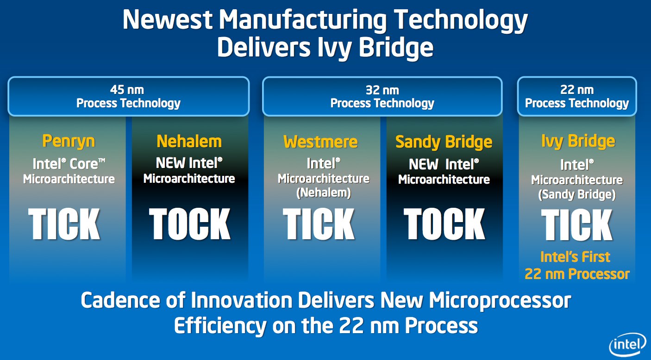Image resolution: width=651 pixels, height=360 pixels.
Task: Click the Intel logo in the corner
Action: pos(627,345)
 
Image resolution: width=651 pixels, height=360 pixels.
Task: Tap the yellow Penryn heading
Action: pos(69,142)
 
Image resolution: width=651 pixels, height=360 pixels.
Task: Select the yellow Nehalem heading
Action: pos(189,142)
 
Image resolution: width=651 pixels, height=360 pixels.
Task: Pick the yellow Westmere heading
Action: pos(320,142)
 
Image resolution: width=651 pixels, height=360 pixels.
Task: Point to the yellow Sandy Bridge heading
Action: pos(444,142)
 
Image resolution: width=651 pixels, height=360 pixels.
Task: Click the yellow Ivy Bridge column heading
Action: pos(578,142)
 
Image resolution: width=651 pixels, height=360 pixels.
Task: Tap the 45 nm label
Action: pos(127,90)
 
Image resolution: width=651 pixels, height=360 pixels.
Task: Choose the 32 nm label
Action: pos(382,90)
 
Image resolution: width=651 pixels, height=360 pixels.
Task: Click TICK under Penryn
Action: pos(64,224)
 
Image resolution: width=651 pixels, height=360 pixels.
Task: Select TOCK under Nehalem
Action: pos(190,224)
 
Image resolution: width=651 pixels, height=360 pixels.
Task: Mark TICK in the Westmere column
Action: pos(319,224)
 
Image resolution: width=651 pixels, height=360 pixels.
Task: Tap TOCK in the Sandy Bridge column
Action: pos(444,224)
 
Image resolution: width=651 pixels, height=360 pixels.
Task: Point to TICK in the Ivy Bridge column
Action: pos(577,225)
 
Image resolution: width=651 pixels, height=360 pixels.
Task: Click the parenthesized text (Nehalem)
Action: pos(324,192)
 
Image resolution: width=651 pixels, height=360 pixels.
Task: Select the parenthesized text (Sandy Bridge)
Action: pos(577,194)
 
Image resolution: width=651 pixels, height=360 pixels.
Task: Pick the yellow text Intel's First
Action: pos(575,257)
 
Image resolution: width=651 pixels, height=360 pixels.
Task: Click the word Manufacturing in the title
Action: pos(303,20)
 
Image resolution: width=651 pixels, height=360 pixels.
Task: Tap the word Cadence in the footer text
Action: pos(120,300)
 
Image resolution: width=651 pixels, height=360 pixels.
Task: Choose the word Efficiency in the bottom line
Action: pos(220,326)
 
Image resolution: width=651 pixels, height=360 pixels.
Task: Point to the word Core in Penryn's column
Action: pos(87,164)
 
